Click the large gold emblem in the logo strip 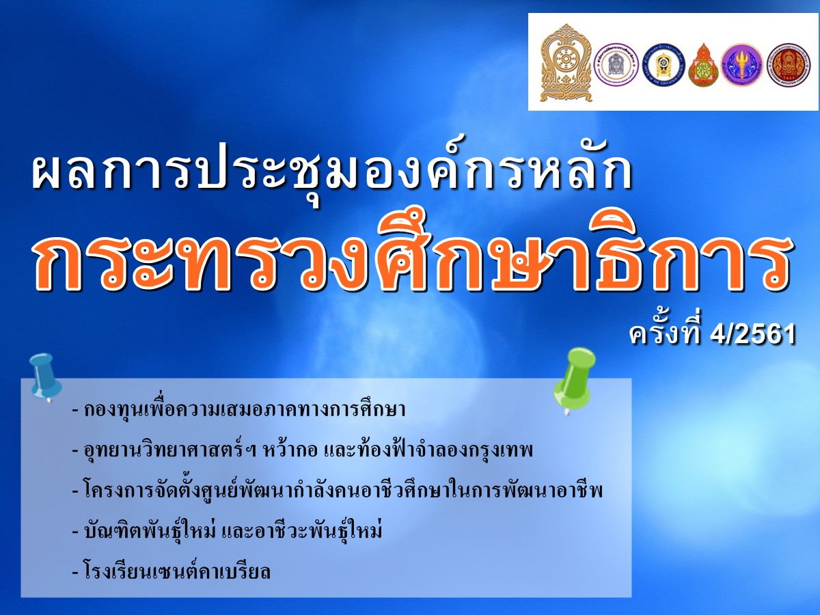[x=566, y=62]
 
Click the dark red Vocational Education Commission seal [x=789, y=65]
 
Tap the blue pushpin [x=45, y=377]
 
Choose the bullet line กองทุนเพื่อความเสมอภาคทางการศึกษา [x=239, y=410]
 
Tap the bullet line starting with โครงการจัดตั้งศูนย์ [x=338, y=491]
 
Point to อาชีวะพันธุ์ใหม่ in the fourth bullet [x=318, y=531]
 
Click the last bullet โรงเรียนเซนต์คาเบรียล [x=171, y=571]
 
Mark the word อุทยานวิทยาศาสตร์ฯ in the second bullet [x=170, y=450]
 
